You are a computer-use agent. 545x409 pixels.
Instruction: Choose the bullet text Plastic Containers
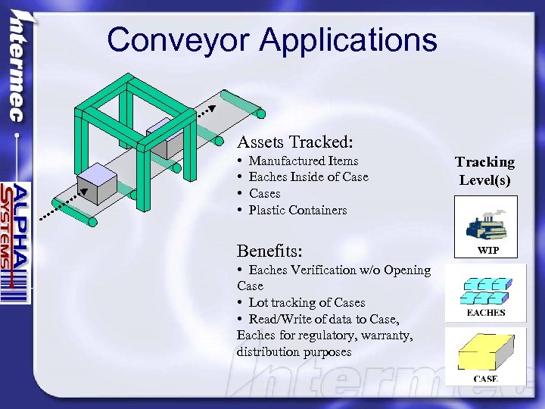[297, 210]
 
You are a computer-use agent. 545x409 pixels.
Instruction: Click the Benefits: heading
[270, 251]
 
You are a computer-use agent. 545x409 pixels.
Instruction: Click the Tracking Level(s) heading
[484, 171]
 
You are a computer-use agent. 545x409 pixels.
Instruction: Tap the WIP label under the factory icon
[487, 251]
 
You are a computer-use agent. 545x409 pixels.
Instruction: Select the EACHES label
[486, 312]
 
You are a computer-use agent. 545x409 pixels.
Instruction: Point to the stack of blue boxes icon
[485, 290]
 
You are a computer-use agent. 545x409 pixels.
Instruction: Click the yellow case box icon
[485, 351]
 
